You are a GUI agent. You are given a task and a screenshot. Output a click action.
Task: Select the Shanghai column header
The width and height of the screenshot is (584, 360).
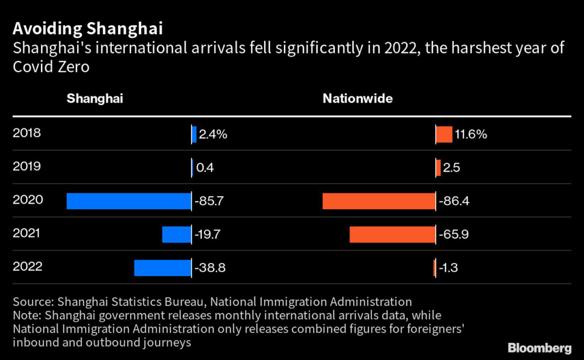pos(95,98)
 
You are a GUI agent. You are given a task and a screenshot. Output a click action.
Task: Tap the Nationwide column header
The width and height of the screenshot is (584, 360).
pos(358,98)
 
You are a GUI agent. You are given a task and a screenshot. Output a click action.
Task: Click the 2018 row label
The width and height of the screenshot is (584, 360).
pos(26,134)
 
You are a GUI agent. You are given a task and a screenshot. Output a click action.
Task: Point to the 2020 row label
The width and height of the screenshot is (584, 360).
pos(26,200)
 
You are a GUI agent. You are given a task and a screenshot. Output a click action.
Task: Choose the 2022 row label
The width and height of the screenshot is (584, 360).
pos(26,266)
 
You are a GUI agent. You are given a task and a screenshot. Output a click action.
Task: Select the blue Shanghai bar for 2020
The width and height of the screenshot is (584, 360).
pos(128,201)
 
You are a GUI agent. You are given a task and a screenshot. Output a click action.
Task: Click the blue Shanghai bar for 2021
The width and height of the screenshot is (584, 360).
pos(176,234)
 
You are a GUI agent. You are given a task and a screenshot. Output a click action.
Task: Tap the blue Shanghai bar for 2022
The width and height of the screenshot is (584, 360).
pos(162,268)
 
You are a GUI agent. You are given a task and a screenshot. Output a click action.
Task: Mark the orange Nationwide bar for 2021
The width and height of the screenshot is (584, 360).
pos(392,234)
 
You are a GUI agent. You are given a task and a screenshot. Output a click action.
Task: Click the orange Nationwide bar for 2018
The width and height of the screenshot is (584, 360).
pos(444,134)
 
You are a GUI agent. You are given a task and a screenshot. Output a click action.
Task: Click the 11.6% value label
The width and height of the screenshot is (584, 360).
pos(471,135)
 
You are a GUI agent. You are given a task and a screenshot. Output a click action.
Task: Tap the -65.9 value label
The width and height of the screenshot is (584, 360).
pos(453,234)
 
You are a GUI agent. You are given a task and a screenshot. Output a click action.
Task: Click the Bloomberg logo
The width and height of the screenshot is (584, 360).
pos(539,347)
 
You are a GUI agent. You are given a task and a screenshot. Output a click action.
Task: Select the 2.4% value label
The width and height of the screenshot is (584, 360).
pos(213,135)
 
